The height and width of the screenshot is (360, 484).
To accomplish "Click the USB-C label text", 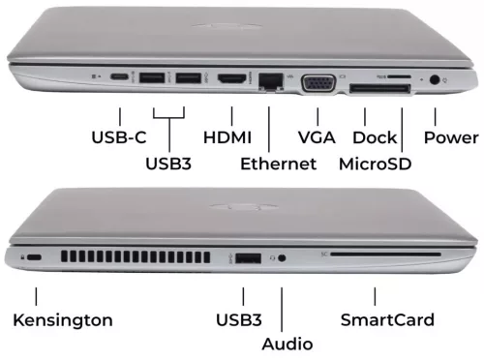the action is [x=119, y=137].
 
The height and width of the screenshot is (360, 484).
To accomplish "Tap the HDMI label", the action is [x=228, y=137].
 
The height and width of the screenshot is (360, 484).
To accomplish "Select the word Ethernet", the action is [x=279, y=164].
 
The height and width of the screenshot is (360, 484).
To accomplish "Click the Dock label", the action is [x=375, y=137].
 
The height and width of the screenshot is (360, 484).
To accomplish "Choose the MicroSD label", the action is [x=376, y=164].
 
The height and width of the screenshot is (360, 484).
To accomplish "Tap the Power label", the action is [x=451, y=137].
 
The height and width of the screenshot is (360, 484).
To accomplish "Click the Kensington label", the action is [x=63, y=319].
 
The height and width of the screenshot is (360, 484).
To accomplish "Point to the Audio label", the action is [x=287, y=344].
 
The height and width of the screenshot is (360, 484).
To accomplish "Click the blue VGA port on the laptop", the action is [x=320, y=83].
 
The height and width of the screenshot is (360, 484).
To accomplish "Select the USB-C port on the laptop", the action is [x=119, y=76].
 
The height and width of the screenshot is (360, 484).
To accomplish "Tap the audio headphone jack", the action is [x=282, y=258].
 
